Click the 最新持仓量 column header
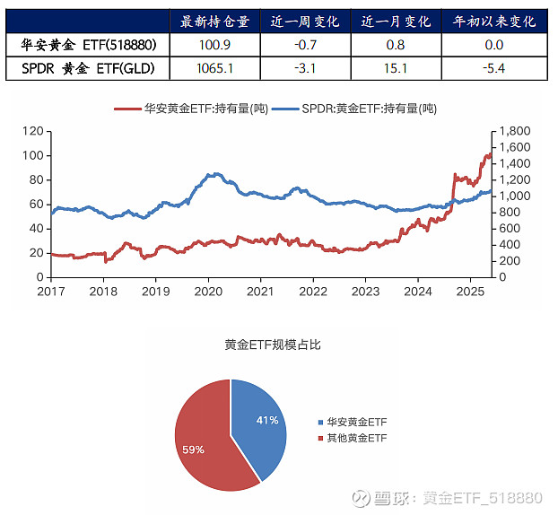coord(215,22)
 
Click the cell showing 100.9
coord(215,44)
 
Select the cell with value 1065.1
coord(215,66)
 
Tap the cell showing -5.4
coord(493,66)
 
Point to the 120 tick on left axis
coord(32,131)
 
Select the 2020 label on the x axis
coord(208,292)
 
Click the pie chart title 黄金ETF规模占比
coord(272,345)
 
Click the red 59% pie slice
coord(202,440)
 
